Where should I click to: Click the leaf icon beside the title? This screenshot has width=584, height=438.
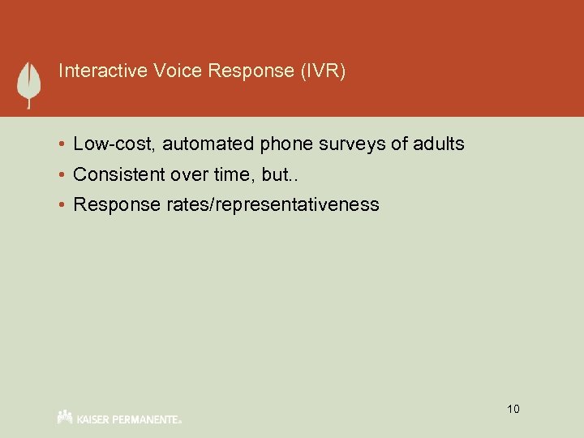click(29, 83)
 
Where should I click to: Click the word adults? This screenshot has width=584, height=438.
click(439, 144)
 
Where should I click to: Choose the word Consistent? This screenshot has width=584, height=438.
click(118, 174)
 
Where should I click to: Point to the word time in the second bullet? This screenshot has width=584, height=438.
click(236, 174)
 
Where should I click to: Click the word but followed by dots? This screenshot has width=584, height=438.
click(281, 174)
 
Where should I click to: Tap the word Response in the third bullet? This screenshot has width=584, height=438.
click(118, 204)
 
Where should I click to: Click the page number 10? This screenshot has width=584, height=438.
click(513, 409)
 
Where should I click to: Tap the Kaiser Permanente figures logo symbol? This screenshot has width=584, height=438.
click(65, 416)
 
